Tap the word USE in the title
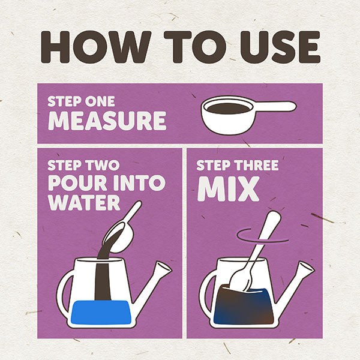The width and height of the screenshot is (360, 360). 280,47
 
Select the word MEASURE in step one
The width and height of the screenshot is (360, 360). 107,121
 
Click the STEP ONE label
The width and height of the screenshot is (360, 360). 81,101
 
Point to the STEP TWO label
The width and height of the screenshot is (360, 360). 83,165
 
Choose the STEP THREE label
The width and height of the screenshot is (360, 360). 238,165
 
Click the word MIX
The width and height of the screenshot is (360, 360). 229,189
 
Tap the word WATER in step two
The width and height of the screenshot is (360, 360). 84,203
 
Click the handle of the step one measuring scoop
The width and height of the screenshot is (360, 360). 274,107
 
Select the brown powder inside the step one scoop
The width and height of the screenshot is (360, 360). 228,109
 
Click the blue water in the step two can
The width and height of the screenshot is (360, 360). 101,312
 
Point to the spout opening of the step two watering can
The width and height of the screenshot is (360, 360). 164,266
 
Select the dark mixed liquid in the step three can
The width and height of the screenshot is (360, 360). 244,305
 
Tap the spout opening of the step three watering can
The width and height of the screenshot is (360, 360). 307,267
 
